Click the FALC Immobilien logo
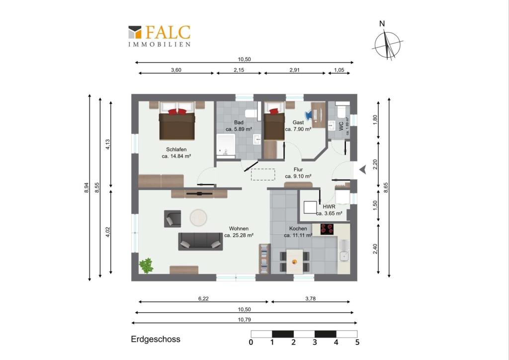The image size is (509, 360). [160, 36]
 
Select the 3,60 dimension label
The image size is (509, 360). [176, 70]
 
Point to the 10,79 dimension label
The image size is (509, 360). [244, 319]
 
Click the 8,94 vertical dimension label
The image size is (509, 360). [86, 187]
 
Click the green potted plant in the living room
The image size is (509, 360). [146, 266]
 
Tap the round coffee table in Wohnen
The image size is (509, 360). [198, 217]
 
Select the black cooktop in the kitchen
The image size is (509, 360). [327, 229]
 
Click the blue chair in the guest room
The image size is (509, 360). [308, 114]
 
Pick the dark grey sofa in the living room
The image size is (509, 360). [201, 242]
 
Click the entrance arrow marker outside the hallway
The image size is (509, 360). [362, 169]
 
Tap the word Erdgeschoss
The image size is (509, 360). [156, 339]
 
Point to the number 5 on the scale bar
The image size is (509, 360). [357, 342]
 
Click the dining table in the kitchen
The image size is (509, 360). [294, 262]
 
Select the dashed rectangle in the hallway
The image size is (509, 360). [263, 175]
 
